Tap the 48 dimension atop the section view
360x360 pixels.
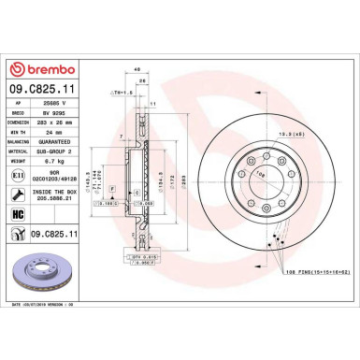(137, 69)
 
